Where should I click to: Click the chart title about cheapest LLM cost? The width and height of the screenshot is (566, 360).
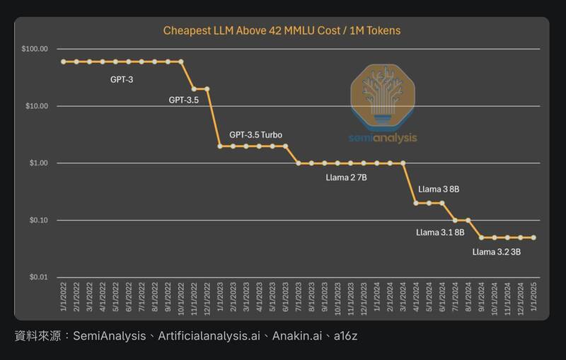282,30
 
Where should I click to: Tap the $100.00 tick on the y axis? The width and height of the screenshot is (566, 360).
35,49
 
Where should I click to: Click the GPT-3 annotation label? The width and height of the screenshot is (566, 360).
122,80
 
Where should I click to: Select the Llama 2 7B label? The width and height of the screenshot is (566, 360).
346,178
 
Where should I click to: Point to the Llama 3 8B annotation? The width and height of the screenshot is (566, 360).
439,190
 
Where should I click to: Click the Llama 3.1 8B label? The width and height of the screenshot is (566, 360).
440,232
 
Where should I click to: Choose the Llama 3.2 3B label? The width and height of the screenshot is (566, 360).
496,251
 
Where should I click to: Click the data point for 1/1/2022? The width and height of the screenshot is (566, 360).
64,62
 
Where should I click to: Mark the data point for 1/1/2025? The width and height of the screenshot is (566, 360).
533,238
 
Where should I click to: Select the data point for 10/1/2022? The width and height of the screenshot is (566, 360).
181,62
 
